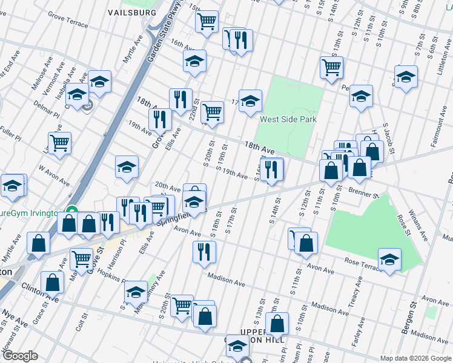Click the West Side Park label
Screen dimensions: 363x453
288,119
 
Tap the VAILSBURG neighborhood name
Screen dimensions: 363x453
132,12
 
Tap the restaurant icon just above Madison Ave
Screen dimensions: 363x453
204,250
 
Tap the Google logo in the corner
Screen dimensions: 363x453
20,356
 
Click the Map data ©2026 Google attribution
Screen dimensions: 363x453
415,358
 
